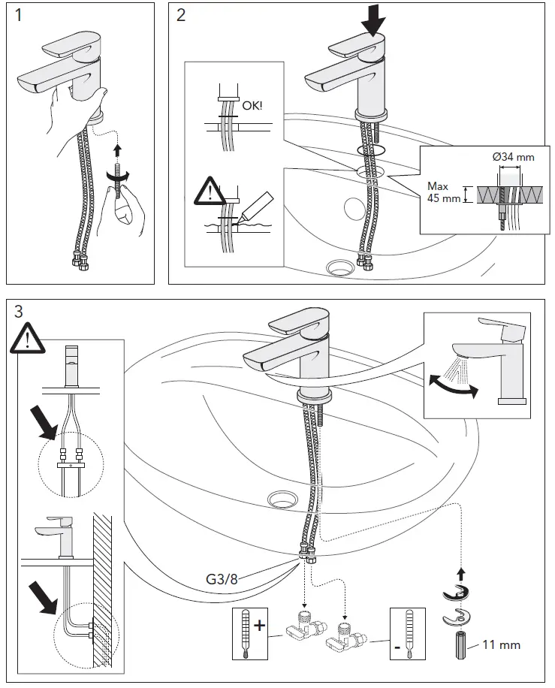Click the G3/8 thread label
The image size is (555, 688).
pos(222,580)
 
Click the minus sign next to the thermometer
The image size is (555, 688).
pos(396,643)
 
